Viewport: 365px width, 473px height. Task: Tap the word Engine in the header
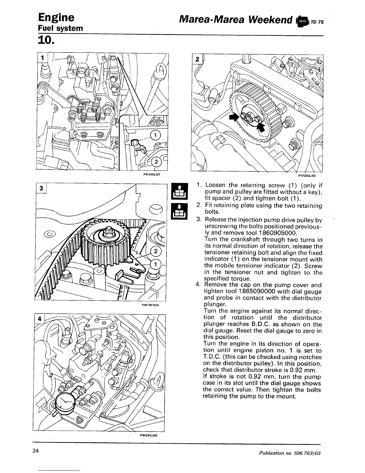coord(56,18)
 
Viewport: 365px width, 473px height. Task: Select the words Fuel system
coord(60,28)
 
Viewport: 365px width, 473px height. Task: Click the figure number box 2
coord(197,59)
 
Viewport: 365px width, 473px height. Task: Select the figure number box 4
coord(39,318)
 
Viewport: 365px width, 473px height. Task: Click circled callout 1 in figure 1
coord(155,135)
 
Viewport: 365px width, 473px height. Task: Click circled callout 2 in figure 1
coord(156,162)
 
